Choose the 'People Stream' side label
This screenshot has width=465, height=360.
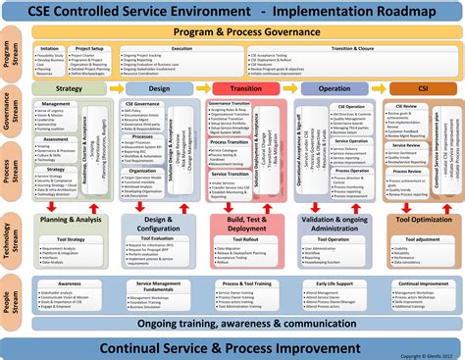pos(10,295)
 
